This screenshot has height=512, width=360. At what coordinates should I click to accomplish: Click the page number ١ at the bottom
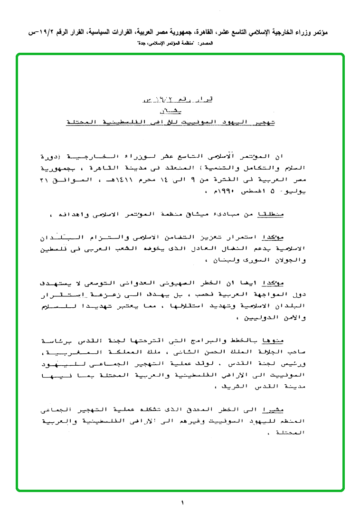[182, 502]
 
